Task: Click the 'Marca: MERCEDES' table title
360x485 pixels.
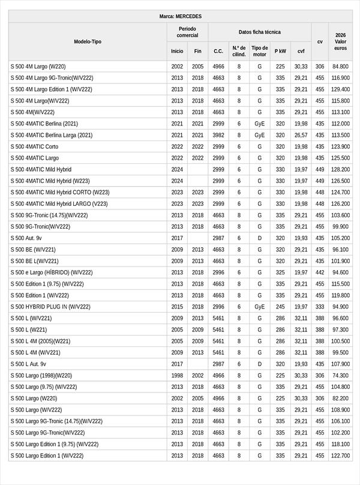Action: point(180,16)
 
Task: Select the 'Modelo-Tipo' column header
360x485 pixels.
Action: point(88,41)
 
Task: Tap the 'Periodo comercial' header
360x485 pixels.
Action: point(187,32)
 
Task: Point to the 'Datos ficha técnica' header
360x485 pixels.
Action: point(259,32)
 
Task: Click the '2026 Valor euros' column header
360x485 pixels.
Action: point(340,41)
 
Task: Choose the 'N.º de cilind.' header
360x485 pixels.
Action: point(239,51)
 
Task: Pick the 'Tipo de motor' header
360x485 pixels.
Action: point(259,51)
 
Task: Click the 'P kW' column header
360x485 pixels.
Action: point(280,51)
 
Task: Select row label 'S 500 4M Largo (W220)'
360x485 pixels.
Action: point(38,67)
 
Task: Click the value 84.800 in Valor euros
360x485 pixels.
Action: point(340,67)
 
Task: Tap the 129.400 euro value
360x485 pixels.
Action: point(340,89)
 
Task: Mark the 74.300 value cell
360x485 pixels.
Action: point(340,375)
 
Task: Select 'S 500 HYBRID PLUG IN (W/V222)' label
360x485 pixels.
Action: point(50,307)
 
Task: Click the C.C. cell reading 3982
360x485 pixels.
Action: point(218,135)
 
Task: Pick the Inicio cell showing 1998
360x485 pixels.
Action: point(177,375)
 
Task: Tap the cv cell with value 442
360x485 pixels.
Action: point(320,273)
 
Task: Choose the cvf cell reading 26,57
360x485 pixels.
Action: point(301,135)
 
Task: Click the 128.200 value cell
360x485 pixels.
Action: point(340,170)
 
